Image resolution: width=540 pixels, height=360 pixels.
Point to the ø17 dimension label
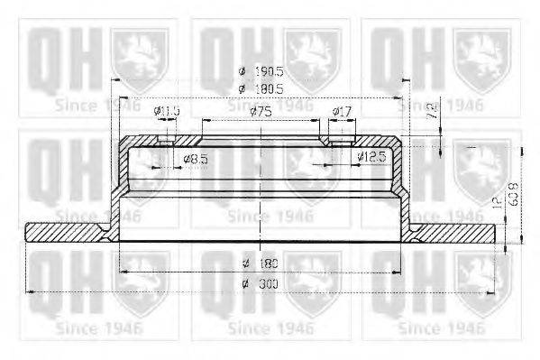[343, 111]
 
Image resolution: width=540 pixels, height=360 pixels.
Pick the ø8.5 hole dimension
[196, 159]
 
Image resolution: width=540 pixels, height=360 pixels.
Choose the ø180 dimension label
[258, 263]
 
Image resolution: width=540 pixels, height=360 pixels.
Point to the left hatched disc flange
[69, 232]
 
